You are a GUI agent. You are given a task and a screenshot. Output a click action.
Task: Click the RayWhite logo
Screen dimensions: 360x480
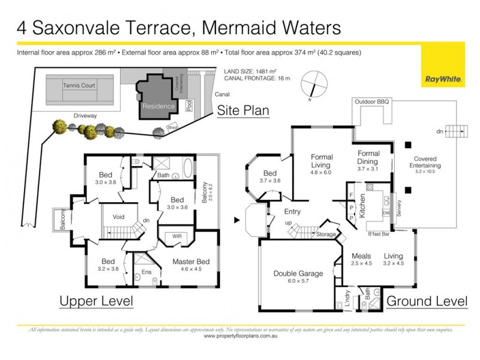tap(442, 78)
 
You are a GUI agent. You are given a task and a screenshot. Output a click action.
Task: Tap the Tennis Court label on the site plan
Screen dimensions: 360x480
tap(79, 85)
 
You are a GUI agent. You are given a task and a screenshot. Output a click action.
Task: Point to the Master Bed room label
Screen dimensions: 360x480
tap(191, 262)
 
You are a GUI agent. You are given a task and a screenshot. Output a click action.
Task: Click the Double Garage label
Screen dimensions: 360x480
tap(298, 273)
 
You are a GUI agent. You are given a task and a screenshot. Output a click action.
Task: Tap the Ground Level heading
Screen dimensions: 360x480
tap(427, 301)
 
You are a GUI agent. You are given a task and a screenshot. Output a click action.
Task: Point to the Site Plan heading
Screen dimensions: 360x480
tap(242, 110)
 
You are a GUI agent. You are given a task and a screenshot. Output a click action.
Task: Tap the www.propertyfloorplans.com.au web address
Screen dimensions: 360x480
tap(239, 336)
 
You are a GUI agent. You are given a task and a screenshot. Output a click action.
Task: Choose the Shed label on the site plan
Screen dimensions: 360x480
tap(173, 127)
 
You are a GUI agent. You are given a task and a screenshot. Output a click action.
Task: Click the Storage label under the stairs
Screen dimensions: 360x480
tap(326, 234)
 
